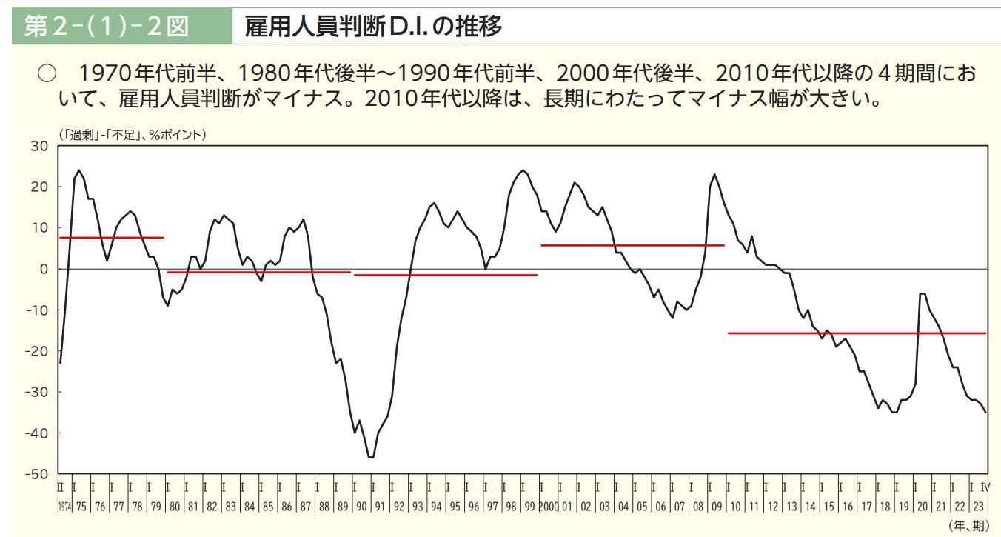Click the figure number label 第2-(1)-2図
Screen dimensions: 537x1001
107,27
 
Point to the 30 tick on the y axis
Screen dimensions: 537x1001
40,146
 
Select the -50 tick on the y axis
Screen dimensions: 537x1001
37,474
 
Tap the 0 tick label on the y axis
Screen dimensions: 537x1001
44,269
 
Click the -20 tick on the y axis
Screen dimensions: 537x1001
37,351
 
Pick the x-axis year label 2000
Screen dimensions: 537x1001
549,507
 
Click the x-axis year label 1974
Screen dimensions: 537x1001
64,507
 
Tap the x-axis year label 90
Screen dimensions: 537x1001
361,507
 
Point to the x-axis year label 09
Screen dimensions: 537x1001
717,507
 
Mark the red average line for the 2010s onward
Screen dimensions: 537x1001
857,333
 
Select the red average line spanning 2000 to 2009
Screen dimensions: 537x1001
632,245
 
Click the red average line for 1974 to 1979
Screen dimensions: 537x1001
111,238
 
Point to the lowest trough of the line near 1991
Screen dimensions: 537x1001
370,457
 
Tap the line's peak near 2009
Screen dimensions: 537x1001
714,175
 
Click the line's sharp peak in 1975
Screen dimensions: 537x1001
78,170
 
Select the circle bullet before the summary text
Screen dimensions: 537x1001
47,74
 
